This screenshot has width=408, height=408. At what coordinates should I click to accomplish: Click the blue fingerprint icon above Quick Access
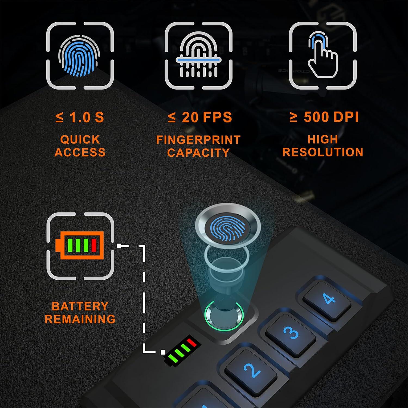click(x=79, y=56)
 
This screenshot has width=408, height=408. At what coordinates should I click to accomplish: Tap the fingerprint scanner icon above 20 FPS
click(x=198, y=56)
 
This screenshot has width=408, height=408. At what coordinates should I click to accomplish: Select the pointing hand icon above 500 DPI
click(x=323, y=56)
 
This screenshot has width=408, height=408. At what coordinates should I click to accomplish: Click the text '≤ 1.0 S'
click(x=79, y=117)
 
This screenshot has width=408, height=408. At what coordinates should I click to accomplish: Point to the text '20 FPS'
click(x=206, y=117)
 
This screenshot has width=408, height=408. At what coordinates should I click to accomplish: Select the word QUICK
click(x=80, y=140)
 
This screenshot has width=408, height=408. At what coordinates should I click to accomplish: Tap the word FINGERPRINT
click(x=198, y=140)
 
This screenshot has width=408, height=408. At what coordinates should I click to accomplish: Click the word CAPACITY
click(x=198, y=153)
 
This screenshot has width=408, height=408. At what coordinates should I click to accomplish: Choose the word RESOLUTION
click(x=323, y=152)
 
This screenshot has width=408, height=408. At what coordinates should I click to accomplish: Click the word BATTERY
click(x=80, y=306)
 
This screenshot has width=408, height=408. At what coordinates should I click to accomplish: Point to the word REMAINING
click(x=80, y=319)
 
